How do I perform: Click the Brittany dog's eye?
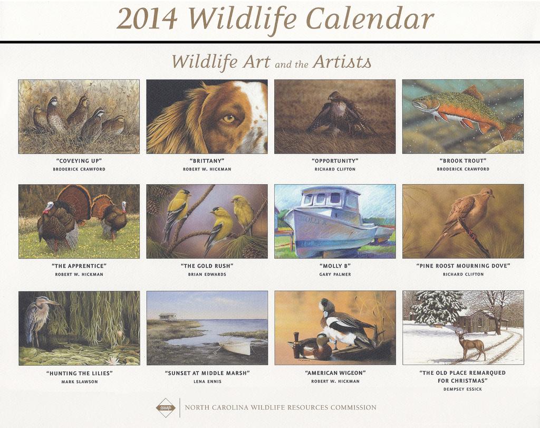coord(229,119)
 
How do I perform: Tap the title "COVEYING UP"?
coord(79,160)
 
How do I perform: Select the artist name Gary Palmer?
coord(335,274)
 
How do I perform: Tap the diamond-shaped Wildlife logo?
coord(166,407)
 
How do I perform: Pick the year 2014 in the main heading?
coord(147,20)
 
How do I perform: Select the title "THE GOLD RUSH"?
coord(207,266)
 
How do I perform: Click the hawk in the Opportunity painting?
coord(340,114)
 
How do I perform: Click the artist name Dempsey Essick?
coord(463,389)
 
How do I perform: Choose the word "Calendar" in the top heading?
coord(370,20)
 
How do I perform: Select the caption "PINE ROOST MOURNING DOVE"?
coord(463,266)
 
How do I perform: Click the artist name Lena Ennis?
coord(207,382)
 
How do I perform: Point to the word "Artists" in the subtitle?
coord(342,62)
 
